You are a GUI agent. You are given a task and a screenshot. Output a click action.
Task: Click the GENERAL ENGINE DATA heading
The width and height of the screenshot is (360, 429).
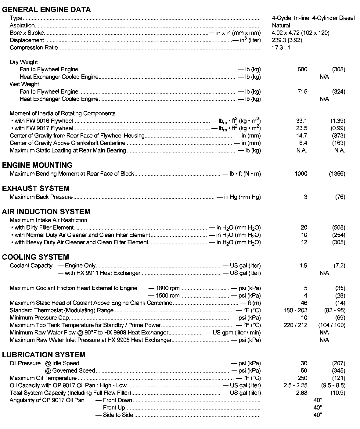click(46, 9)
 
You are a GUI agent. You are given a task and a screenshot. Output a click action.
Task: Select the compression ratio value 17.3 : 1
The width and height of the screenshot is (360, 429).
click(281, 48)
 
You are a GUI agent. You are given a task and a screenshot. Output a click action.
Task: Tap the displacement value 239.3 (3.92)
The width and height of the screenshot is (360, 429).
click(287, 40)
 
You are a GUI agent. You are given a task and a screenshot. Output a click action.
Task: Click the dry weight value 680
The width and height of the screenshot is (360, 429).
click(302, 70)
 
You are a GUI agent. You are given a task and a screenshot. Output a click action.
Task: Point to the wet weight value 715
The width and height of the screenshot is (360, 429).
click(302, 91)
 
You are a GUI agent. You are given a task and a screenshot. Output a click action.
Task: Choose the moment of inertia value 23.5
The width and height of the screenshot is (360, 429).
click(301, 128)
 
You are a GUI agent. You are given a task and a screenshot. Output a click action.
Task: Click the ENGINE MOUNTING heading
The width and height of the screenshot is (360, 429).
click(37, 165)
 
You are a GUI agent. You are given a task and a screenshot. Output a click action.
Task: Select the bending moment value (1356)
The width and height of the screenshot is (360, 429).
click(337, 174)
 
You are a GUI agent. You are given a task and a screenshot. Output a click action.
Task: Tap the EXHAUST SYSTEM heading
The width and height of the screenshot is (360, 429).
click(36, 188)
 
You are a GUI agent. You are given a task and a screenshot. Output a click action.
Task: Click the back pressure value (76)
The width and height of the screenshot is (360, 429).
click(340, 197)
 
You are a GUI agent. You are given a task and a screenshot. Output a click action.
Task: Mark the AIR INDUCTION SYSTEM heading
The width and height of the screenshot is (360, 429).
click(46, 212)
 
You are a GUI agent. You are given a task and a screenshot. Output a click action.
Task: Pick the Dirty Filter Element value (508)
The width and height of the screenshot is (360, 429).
click(338, 227)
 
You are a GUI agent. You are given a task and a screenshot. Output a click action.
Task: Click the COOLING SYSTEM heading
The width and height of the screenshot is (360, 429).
click(35, 257)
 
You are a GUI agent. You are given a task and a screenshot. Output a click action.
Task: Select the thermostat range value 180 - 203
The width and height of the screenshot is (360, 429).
click(295, 310)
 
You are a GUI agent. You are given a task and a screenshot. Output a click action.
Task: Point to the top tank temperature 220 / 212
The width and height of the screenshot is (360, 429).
click(295, 325)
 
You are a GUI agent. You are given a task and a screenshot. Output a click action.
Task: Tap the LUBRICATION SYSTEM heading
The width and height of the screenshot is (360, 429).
click(44, 355)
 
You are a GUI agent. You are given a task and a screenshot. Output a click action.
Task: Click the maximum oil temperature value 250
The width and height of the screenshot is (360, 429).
click(302, 378)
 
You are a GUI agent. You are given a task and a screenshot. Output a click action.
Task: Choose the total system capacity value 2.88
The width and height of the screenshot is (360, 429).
click(301, 393)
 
